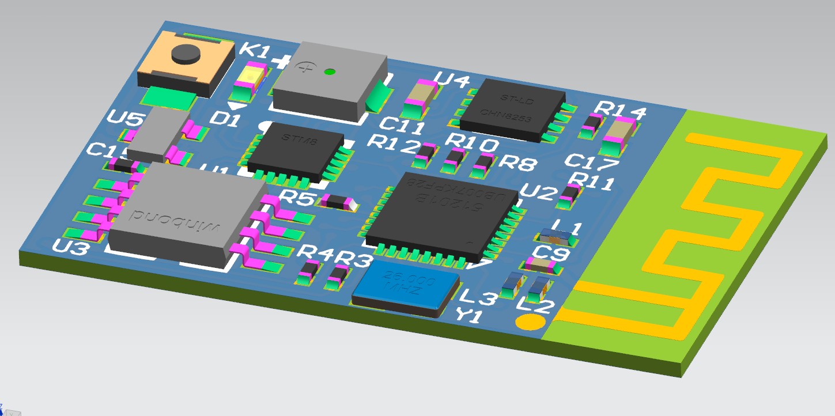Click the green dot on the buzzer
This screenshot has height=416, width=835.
[x=329, y=72]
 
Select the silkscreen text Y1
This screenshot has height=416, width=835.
[x=468, y=315]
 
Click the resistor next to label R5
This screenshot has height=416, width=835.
[x=337, y=202]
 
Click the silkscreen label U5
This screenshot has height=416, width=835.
[x=126, y=119]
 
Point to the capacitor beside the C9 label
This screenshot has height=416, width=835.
[x=541, y=266]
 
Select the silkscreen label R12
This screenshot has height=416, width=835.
[x=393, y=144]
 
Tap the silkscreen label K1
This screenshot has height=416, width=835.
[x=254, y=51]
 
